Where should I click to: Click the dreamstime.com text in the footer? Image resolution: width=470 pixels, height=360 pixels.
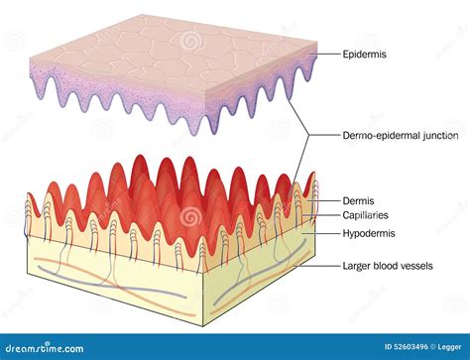46,348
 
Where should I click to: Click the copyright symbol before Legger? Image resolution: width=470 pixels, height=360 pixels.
426,348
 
